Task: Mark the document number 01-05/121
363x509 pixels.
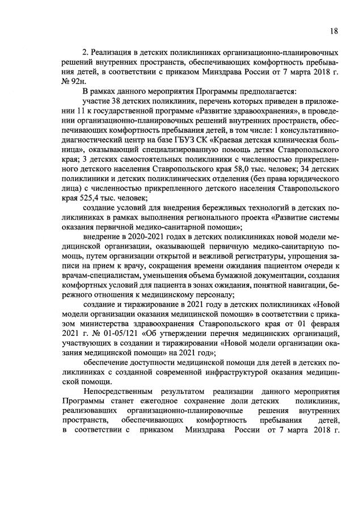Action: (x=115, y=332)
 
